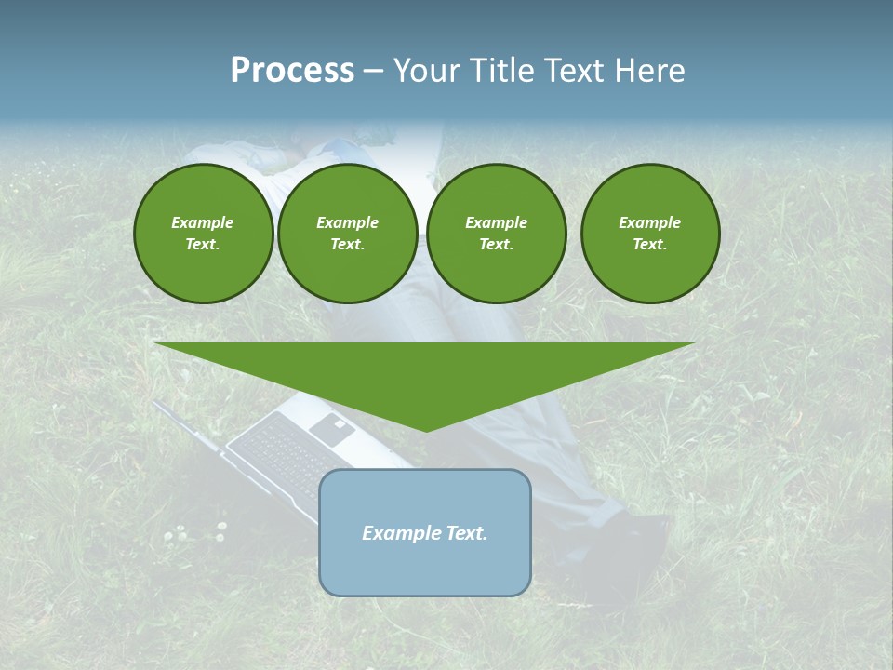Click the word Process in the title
point(292,71)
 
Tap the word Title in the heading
point(501,71)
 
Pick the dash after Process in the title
point(374,72)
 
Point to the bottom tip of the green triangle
point(426,430)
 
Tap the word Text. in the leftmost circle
point(203,245)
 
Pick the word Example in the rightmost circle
point(649,222)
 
